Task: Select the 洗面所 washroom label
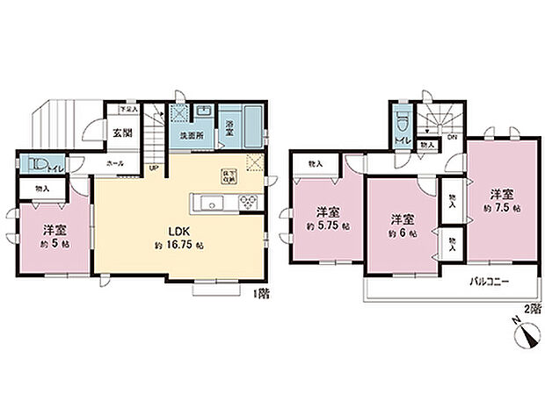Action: point(192,137)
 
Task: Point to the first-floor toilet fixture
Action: point(39,163)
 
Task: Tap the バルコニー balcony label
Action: point(487,282)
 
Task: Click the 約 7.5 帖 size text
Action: point(501,209)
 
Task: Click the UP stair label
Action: point(154,168)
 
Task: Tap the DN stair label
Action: point(452,136)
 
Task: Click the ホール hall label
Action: point(114,163)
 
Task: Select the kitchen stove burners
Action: point(247,202)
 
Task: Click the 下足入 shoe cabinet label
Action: point(129,111)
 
